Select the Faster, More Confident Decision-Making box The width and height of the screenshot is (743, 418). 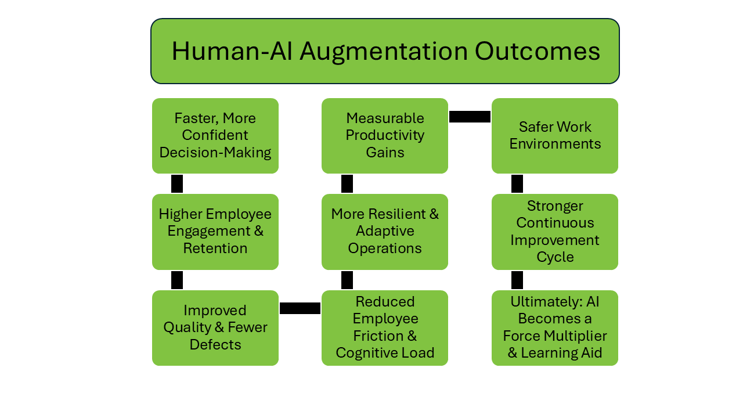(215, 136)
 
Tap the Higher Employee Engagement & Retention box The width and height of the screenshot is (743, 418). (215, 232)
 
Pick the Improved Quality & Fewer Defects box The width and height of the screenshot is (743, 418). (215, 328)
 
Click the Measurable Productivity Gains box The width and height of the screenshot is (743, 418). (385, 136)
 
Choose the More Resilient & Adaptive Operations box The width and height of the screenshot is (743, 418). (385, 232)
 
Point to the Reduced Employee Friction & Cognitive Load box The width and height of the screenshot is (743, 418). (385, 328)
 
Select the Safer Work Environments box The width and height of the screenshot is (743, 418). (555, 136)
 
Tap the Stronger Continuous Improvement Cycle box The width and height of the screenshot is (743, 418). (555, 232)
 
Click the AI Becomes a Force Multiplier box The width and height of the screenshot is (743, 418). (555, 328)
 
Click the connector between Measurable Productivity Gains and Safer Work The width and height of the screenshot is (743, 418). (470, 117)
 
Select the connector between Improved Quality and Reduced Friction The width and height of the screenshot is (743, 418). (300, 308)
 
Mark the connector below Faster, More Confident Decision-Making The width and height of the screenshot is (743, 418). (177, 184)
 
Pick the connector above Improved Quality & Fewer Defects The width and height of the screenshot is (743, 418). (177, 280)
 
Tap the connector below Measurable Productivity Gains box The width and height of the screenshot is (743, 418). (347, 184)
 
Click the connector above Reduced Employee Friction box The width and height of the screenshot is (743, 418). (347, 280)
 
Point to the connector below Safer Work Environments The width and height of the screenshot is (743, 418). (517, 184)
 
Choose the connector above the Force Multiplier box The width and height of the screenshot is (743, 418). (517, 280)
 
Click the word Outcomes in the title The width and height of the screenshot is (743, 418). (538, 52)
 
